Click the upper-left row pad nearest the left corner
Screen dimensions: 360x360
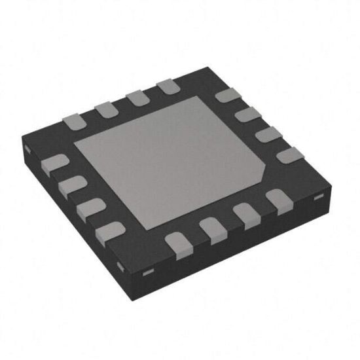(x=72, y=120)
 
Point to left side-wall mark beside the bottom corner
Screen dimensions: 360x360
(x=120, y=264)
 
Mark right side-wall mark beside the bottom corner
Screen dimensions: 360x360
(x=149, y=271)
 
